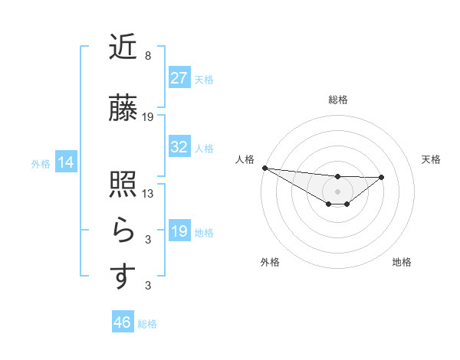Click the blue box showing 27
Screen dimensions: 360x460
coord(179,78)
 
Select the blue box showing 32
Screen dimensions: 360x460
coord(179,147)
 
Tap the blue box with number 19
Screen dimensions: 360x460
coord(179,231)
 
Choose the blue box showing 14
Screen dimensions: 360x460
coord(65,162)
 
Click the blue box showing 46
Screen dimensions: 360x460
coord(122,322)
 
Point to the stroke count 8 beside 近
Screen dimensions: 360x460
coord(148,56)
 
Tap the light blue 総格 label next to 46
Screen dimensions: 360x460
coord(147,324)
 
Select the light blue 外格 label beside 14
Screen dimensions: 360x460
coord(41,163)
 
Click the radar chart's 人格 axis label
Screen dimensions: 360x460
coord(245,159)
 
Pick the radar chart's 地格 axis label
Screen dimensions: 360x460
coord(402,262)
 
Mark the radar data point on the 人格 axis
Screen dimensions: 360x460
coord(264,168)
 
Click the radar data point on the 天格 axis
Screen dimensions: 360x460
coord(382,177)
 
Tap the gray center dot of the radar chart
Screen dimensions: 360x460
coord(337,191)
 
